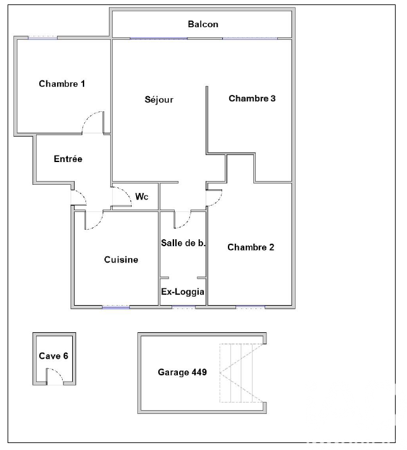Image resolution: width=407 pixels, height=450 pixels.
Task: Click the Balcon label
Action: (x=203, y=24)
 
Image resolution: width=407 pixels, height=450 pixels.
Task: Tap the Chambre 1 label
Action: (x=61, y=84)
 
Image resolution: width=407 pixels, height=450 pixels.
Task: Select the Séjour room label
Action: (x=159, y=99)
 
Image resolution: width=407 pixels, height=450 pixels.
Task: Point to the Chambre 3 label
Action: (x=252, y=99)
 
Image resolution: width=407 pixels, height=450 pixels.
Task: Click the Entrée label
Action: (x=68, y=159)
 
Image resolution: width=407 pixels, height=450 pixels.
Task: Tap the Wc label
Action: (x=142, y=197)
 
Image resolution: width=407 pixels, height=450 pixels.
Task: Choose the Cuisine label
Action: (x=121, y=259)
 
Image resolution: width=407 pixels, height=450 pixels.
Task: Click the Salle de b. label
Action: (x=183, y=243)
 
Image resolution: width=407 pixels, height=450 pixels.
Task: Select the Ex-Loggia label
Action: (x=182, y=292)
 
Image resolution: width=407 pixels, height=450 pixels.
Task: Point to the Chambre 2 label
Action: (x=251, y=247)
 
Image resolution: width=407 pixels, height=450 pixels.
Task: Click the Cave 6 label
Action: (x=53, y=356)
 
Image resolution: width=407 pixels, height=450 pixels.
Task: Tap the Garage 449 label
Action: (x=182, y=372)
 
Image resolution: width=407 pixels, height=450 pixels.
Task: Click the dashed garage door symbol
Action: (x=242, y=373)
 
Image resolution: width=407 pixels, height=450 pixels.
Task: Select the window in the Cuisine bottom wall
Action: (x=116, y=307)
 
